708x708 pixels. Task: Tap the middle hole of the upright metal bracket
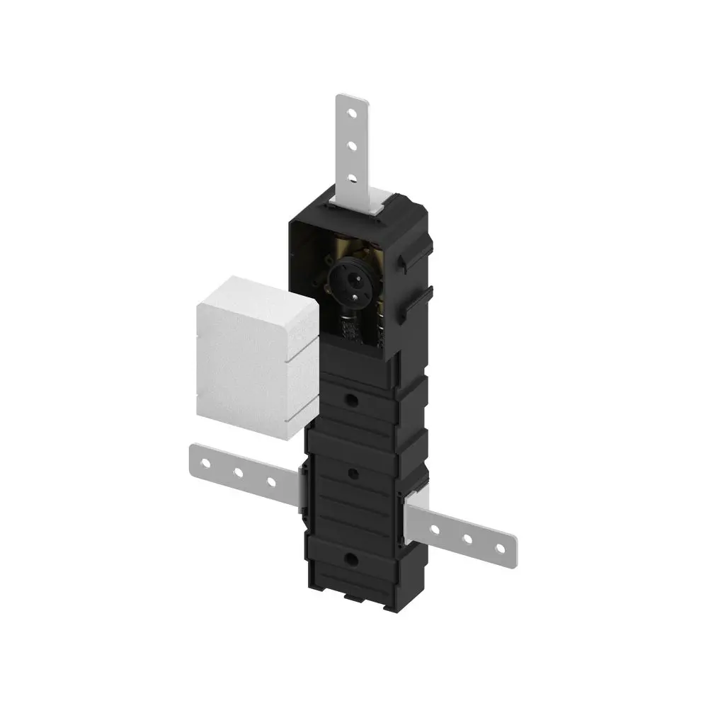click(351, 144)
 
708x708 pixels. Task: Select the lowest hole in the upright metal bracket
click(351, 176)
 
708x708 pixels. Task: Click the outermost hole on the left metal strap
click(205, 464)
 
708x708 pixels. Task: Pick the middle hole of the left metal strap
click(239, 472)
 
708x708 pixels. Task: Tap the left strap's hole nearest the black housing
click(271, 481)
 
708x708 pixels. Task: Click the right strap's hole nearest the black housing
click(435, 528)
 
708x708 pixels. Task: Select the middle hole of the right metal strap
click(468, 538)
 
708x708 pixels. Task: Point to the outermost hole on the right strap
click(500, 547)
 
